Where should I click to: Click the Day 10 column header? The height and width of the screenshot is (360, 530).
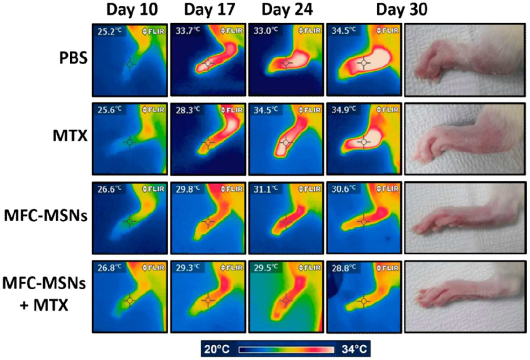click(x=132, y=10)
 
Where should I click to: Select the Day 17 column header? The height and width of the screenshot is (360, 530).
click(x=210, y=10)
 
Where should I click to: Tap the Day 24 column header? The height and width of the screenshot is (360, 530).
click(x=287, y=10)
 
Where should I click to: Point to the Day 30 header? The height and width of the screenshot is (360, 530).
click(x=402, y=10)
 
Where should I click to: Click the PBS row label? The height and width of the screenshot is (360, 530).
click(x=73, y=58)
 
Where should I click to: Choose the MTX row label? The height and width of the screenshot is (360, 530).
click(x=70, y=136)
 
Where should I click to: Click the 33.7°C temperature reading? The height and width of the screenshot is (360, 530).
click(x=188, y=31)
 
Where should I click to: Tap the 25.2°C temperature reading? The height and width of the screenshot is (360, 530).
click(x=109, y=31)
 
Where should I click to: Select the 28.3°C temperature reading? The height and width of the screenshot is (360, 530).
click(x=188, y=110)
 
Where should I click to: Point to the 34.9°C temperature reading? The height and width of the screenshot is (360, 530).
click(x=343, y=109)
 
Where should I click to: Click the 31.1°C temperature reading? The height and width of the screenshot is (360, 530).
click(x=266, y=189)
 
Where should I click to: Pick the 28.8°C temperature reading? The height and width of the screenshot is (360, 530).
click(x=343, y=268)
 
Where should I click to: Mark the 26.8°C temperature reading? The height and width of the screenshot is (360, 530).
click(x=109, y=268)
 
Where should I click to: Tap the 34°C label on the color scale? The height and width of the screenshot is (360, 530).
click(x=354, y=349)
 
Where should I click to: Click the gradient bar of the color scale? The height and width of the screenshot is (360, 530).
click(x=287, y=349)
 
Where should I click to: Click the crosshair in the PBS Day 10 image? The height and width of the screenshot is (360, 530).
click(x=130, y=64)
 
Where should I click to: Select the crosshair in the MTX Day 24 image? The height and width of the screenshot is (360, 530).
click(x=286, y=143)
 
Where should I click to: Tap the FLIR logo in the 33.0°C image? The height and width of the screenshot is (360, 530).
click(x=310, y=30)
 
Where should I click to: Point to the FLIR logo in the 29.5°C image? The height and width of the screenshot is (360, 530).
click(x=310, y=268)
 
